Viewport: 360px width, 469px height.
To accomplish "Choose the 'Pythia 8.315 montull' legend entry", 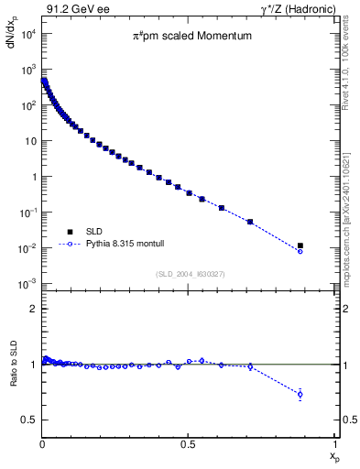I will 115,245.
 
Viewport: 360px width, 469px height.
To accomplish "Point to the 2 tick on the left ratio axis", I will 32,309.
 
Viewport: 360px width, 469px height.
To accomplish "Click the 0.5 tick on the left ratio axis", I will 28,420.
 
